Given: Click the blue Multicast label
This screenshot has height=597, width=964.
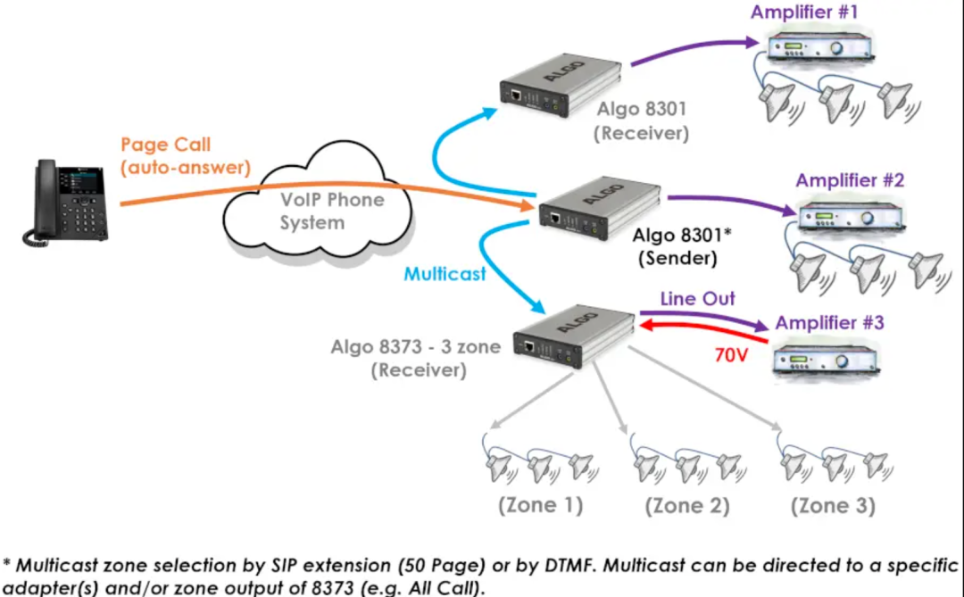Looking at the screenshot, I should [445, 274].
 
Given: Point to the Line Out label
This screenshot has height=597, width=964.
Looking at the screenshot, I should [698, 299].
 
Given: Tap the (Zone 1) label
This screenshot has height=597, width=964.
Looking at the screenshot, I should [541, 505].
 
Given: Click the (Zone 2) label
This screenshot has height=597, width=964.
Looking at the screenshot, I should [687, 505].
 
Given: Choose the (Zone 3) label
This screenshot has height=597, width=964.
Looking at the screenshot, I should [834, 505].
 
